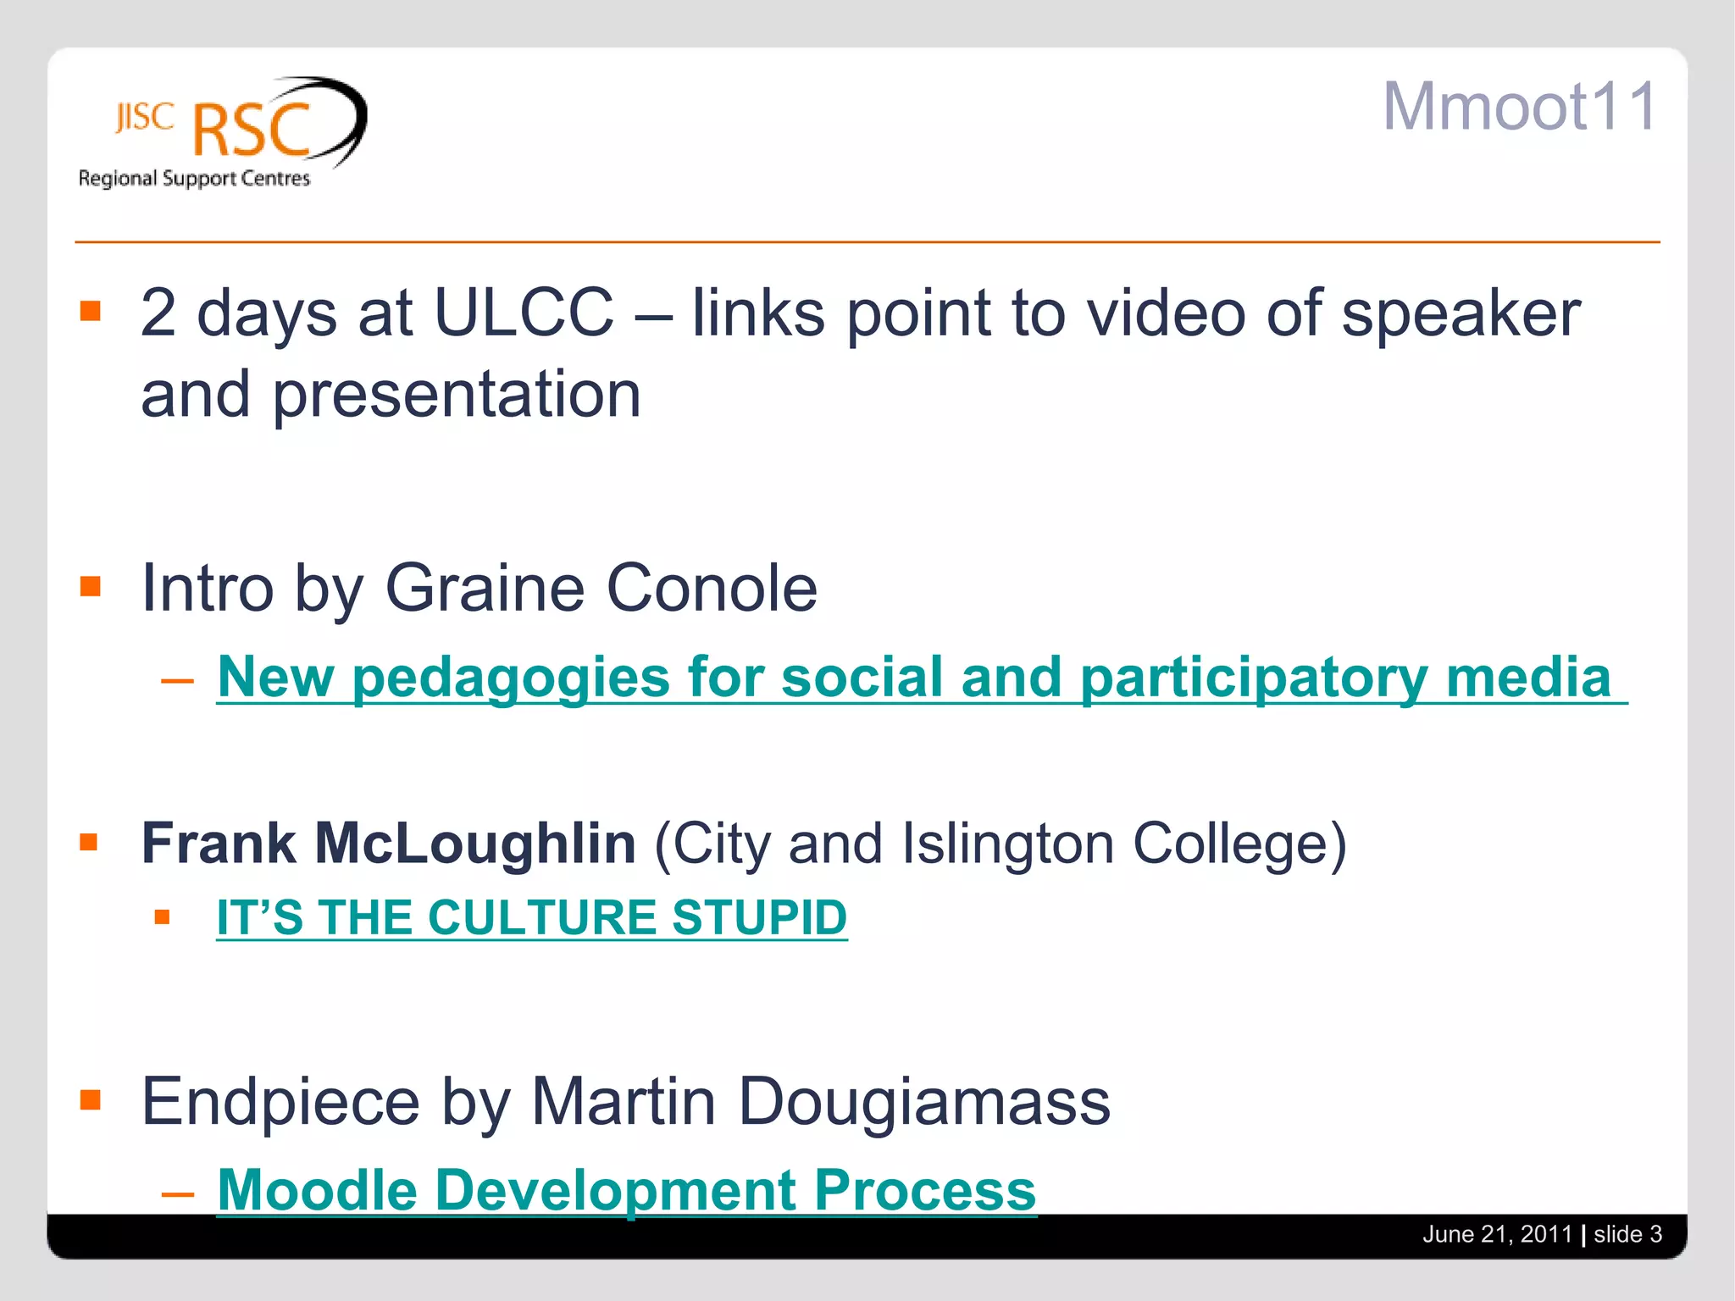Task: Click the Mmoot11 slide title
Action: click(x=1520, y=107)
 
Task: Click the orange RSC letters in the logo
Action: click(x=252, y=130)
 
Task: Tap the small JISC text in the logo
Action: click(x=145, y=117)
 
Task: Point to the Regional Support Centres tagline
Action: click(x=194, y=179)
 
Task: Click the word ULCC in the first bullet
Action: click(x=523, y=313)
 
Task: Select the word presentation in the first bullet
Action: click(x=456, y=395)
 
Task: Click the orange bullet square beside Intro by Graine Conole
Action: click(x=91, y=586)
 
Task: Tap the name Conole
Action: click(x=712, y=588)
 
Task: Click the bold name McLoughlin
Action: click(x=474, y=844)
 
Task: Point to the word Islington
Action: click(x=1007, y=844)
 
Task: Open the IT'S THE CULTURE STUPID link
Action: click(x=531, y=917)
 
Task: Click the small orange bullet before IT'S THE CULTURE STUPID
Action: click(x=163, y=916)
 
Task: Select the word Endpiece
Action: click(x=280, y=1101)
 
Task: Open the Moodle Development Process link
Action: click(x=626, y=1190)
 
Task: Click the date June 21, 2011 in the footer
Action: click(x=1497, y=1234)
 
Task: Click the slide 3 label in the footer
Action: click(x=1627, y=1234)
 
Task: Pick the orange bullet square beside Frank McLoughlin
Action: click(x=89, y=842)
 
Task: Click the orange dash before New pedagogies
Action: click(x=177, y=680)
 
